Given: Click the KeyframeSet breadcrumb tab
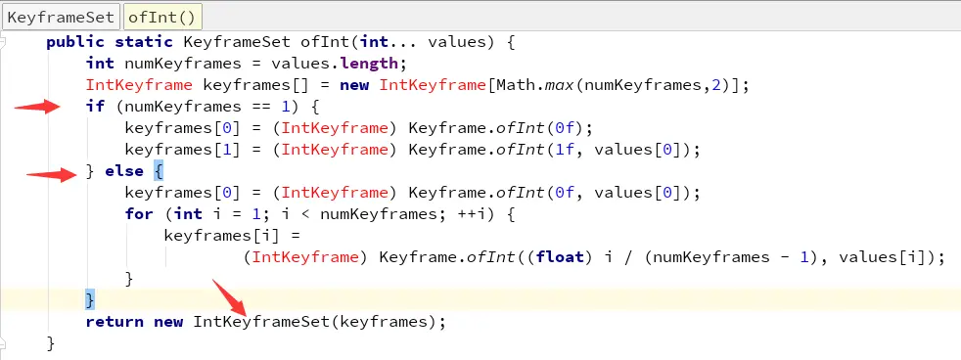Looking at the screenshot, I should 62,16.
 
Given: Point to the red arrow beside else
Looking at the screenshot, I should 52,175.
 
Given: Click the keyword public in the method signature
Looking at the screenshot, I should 75,42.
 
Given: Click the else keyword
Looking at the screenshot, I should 124,171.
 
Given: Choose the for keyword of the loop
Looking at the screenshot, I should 139,214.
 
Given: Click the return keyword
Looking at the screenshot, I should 114,321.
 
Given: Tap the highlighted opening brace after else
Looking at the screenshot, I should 159,171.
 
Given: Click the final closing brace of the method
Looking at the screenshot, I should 51,342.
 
